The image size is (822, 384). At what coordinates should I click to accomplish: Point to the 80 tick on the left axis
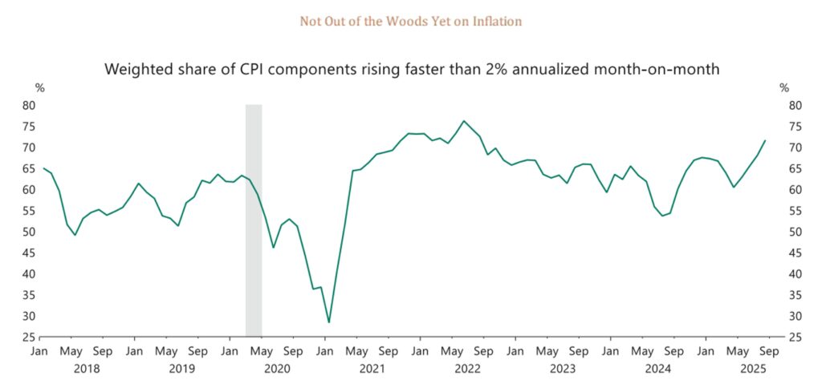[28, 105]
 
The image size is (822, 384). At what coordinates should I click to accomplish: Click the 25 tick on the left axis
[28, 338]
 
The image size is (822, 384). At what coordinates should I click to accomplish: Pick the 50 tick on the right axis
[792, 232]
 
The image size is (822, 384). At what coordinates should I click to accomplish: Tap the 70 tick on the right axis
[792, 148]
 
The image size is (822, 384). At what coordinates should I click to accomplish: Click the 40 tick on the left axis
[28, 274]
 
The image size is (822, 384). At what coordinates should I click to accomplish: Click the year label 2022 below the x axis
[467, 368]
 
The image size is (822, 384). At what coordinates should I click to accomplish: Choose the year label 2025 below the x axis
[752, 368]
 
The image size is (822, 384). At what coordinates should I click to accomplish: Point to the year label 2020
[276, 368]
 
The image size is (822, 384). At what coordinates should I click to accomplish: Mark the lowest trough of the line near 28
[328, 322]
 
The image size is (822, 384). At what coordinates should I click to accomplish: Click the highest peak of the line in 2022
[463, 121]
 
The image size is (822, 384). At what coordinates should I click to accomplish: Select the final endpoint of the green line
[765, 141]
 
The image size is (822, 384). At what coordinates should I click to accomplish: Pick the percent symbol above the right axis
[784, 87]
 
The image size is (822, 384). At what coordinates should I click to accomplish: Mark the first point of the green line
[43, 168]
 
